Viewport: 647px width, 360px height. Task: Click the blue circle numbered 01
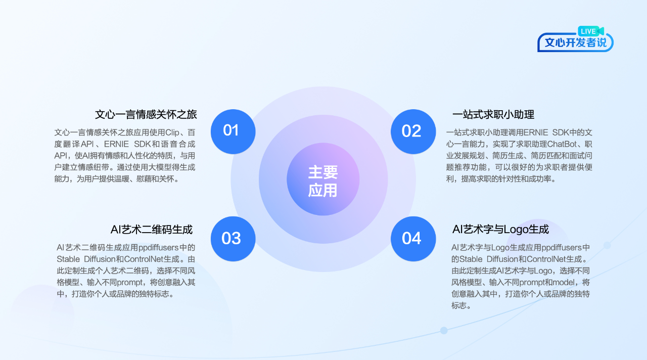point(233,131)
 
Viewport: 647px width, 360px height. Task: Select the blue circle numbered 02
point(413,131)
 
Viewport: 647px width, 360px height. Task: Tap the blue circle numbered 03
point(233,239)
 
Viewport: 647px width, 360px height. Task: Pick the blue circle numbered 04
point(413,239)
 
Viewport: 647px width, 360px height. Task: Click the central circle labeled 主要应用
point(323,179)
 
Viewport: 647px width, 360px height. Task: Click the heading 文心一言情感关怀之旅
point(146,115)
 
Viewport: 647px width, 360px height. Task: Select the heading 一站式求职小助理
point(493,115)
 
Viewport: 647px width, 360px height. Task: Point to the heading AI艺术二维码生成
point(151,230)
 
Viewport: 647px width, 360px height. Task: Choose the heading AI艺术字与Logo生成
point(500,230)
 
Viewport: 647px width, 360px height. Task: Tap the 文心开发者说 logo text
point(575,43)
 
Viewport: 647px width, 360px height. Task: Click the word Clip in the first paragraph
point(172,132)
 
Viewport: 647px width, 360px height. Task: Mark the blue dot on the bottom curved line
point(444,330)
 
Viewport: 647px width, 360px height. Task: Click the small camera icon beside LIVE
point(600,31)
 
